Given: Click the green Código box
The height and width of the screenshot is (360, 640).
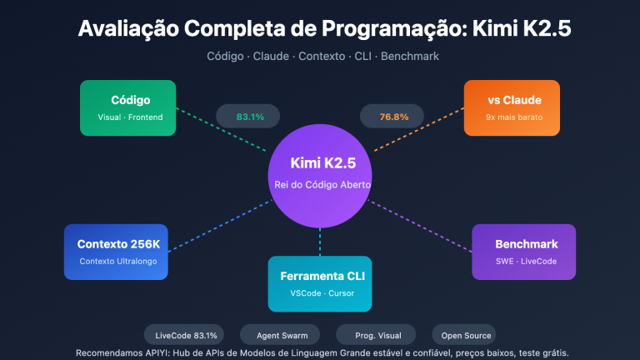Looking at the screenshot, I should pos(127,107).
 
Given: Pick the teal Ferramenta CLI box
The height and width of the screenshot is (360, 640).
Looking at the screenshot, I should pos(320,283).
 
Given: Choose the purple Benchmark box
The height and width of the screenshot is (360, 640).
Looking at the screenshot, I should pos(523,252).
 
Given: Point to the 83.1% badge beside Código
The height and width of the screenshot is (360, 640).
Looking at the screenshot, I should pos(250,117).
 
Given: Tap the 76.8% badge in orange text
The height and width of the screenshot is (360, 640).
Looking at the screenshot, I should pos(393,117).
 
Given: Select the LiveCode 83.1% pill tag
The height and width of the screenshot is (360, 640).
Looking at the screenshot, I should pos(186,335).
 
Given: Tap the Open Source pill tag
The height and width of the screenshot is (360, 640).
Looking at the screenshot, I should pos(463,335).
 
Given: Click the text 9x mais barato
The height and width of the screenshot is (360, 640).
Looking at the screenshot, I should pos(513,117).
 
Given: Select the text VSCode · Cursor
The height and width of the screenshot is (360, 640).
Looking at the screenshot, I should pos(320,293).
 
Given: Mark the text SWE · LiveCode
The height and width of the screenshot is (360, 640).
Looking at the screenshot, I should pos(525,262).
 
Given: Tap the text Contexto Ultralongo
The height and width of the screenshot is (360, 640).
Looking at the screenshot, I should pos(123,262).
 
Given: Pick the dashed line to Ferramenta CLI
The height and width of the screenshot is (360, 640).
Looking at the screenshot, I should pos(320,242).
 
